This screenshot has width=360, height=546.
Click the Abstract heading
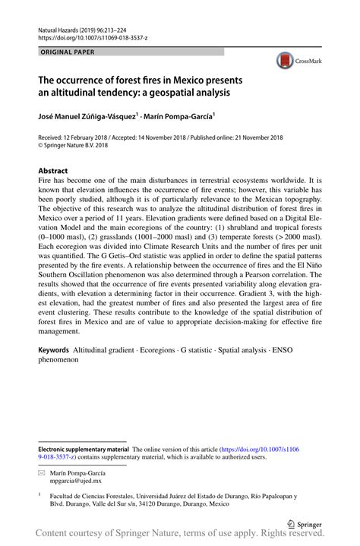(x=53, y=172)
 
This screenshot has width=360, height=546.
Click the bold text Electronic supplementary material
(x=84, y=450)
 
